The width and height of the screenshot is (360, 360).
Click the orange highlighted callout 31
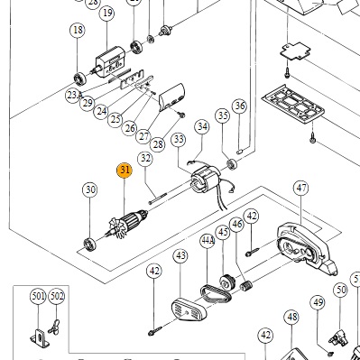coord(125,171)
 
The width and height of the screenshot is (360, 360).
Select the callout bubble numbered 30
coord(90,189)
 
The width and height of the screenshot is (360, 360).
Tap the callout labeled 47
coord(301,188)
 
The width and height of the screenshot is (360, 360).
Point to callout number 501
coord(38,297)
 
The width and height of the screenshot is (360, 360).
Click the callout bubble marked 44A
coord(208,241)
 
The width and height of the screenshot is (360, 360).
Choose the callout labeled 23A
coord(74,96)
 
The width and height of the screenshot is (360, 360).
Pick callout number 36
coord(240,106)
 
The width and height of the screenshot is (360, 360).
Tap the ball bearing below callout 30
coord(89,244)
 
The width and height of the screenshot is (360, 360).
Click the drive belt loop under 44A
coord(216,293)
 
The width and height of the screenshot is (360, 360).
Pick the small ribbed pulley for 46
coord(246,285)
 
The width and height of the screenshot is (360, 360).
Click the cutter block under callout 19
coord(110,63)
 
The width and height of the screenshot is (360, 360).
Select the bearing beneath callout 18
coord(80,78)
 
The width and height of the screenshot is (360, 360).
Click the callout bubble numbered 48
coord(292,317)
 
